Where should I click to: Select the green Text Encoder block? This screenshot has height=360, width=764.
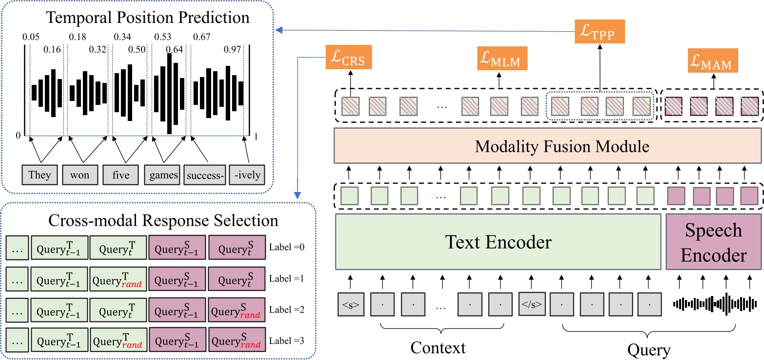(x=498, y=241)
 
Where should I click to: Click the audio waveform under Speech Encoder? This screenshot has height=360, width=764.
(x=717, y=304)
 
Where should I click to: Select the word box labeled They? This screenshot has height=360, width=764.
(x=39, y=175)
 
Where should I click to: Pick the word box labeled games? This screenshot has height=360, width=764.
(x=162, y=175)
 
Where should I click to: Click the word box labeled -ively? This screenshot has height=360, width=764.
(x=247, y=175)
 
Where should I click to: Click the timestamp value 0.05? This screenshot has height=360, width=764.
(x=31, y=37)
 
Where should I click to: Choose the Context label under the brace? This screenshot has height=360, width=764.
(x=438, y=348)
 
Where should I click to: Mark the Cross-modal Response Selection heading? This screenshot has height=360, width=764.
(x=163, y=220)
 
